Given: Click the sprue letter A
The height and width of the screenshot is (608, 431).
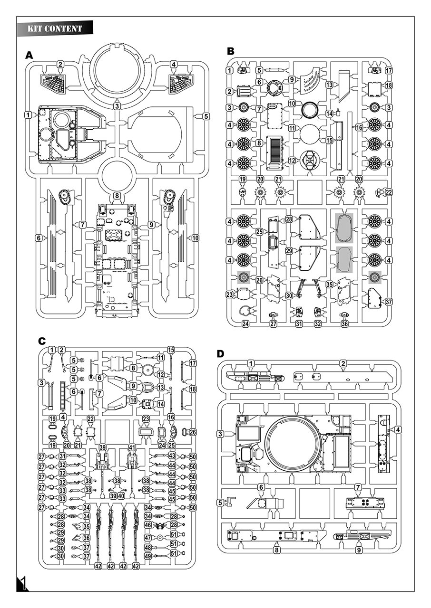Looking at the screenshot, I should pyautogui.click(x=29, y=56).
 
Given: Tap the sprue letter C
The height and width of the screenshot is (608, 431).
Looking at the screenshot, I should pyautogui.click(x=41, y=341).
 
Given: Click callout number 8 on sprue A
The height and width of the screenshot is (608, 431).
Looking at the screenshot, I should pyautogui.click(x=117, y=196).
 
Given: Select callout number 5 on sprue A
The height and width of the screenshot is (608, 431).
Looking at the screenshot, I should pyautogui.click(x=206, y=116).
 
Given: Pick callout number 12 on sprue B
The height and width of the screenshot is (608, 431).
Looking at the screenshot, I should pyautogui.click(x=292, y=160).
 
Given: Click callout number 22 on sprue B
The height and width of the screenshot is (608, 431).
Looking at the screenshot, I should pyautogui.click(x=389, y=192).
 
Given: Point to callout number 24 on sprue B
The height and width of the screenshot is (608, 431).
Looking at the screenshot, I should pyautogui.click(x=232, y=324).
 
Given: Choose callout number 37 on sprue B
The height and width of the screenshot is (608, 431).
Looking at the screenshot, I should pyautogui.click(x=389, y=302).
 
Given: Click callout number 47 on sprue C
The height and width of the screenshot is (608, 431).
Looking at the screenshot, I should pyautogui.click(x=148, y=538).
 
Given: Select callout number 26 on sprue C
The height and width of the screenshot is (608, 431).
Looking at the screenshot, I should pyautogui.click(x=193, y=432).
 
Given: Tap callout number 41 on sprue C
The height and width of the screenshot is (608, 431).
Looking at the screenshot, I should pyautogui.click(x=132, y=447).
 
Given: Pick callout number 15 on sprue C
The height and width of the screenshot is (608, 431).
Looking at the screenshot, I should pyautogui.click(x=171, y=350).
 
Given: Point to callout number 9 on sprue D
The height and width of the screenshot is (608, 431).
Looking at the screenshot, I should pyautogui.click(x=359, y=550).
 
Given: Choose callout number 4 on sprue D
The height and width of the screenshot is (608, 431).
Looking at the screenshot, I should pyautogui.click(x=398, y=430).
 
